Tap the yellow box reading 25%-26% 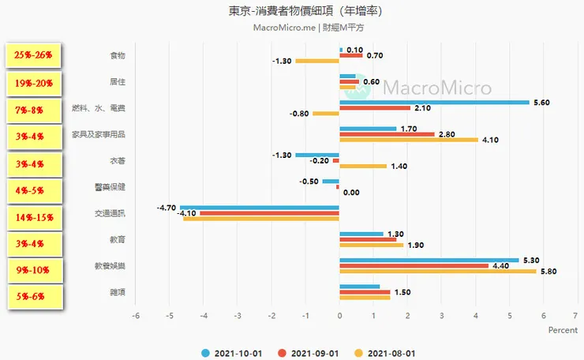click(33, 55)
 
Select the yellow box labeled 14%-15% click(33, 215)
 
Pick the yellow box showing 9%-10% click(33, 270)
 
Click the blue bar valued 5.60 click(434, 102)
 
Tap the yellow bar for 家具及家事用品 click(408, 140)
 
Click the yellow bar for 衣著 click(362, 166)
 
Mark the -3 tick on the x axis click(238, 316)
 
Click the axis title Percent click(563, 330)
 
